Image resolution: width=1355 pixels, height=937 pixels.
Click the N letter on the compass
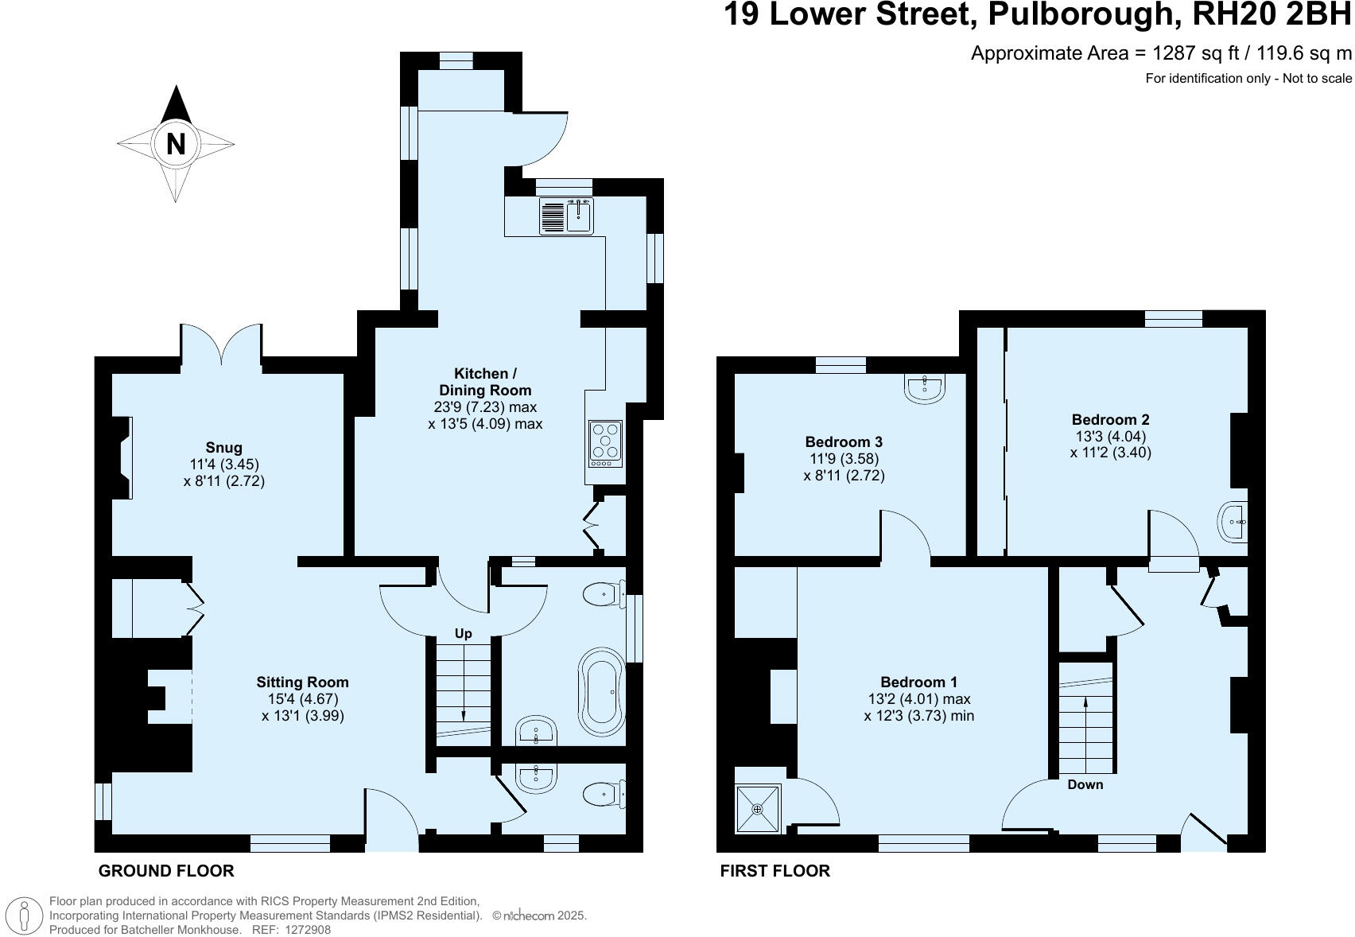click(x=176, y=144)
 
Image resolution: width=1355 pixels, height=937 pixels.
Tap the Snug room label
click(x=223, y=448)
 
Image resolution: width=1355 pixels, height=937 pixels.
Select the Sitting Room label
click(x=302, y=682)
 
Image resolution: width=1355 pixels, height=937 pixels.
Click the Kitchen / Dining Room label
click(x=485, y=382)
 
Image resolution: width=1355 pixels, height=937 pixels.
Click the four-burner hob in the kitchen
click(x=605, y=444)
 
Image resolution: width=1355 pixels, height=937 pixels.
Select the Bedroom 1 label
click(x=918, y=682)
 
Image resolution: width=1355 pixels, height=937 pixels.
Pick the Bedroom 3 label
click(x=844, y=441)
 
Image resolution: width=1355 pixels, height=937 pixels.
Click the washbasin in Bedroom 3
click(x=925, y=388)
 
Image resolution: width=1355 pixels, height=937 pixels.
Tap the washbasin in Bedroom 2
click(x=1234, y=523)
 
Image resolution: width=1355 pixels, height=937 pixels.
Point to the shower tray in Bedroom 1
click(x=757, y=809)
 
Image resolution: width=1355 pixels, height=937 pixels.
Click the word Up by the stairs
click(x=463, y=633)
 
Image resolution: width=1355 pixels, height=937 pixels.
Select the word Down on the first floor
click(x=1085, y=784)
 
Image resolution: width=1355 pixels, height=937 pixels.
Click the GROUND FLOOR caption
click(x=166, y=871)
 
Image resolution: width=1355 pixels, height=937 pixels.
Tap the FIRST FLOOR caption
click(x=775, y=871)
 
